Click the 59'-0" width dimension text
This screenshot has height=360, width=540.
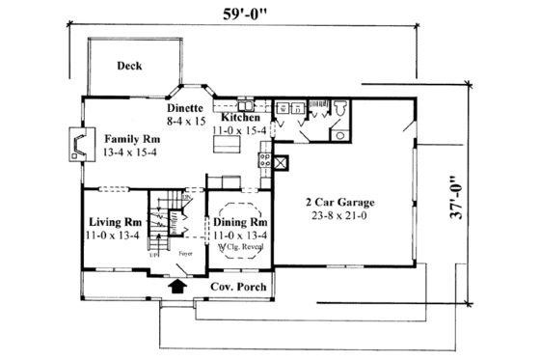coord(245,16)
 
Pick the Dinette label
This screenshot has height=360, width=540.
coord(183,109)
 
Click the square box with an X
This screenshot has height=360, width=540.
coord(281,162)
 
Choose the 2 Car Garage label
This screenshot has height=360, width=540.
coord(340,203)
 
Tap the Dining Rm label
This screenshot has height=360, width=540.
coord(239,222)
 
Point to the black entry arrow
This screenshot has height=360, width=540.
coord(176,286)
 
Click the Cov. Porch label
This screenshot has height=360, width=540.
coord(236,288)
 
